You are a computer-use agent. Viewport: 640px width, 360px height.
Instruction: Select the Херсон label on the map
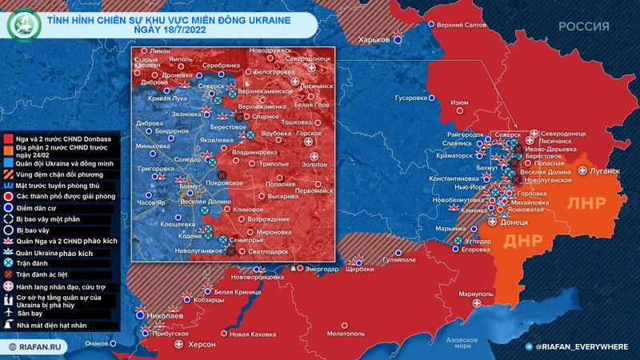click(x=201, y=344)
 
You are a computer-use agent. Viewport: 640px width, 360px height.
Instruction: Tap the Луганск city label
click(x=605, y=171)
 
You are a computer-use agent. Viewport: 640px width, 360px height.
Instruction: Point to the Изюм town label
click(x=459, y=103)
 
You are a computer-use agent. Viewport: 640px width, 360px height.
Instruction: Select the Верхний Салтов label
click(x=464, y=25)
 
